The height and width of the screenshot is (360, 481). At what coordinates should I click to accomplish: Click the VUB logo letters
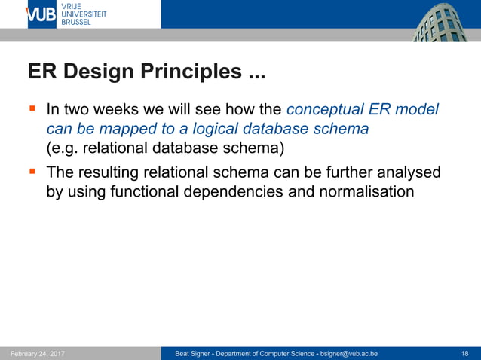pyautogui.click(x=41, y=14)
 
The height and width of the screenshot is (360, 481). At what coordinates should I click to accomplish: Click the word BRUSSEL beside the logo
pyautogui.click(x=76, y=23)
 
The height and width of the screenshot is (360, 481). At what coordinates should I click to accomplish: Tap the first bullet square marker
pyautogui.click(x=32, y=108)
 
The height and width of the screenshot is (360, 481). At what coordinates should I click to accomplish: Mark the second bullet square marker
pyautogui.click(x=32, y=172)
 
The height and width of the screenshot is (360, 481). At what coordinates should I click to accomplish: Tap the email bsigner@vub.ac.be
pyautogui.click(x=349, y=353)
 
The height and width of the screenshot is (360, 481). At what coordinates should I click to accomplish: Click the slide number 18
pyautogui.click(x=464, y=353)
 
